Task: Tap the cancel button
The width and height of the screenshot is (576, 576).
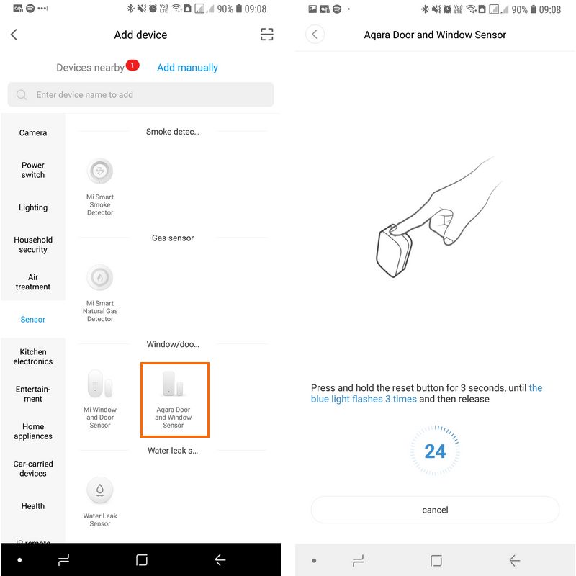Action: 435,510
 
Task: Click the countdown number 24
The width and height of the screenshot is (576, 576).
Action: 435,451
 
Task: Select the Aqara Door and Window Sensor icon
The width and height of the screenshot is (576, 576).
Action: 173,384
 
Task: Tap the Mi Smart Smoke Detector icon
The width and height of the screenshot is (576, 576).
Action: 100,171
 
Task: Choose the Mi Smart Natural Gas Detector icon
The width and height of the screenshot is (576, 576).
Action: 100,277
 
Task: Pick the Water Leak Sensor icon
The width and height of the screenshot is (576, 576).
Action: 100,490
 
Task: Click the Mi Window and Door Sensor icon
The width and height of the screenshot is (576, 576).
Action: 100,384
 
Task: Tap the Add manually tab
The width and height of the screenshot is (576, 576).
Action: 187,68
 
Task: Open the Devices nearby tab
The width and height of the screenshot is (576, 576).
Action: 91,68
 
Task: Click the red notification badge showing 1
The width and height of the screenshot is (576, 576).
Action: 132,65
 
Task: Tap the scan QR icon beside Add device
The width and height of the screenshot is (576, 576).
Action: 266,35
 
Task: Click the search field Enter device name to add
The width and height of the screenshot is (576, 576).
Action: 140,95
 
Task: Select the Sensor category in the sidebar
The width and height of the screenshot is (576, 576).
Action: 33,319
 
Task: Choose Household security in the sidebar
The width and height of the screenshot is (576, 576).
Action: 33,245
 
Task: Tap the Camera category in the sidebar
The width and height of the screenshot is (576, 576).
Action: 33,132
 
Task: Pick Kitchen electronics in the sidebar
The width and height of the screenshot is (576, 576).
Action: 33,356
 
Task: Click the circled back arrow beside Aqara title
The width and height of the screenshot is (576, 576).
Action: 315,35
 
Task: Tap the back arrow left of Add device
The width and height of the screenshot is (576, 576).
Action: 14,35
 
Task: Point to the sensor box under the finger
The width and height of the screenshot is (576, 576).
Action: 393,251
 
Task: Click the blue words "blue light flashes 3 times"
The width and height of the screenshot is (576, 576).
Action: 364,399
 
